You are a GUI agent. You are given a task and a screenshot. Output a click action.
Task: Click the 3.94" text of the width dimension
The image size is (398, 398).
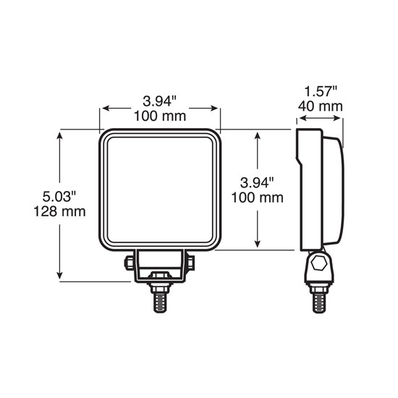point(160,101)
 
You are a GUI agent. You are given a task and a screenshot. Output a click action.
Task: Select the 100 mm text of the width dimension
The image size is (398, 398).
point(160,116)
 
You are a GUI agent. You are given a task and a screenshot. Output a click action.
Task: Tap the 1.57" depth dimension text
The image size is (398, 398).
point(321,91)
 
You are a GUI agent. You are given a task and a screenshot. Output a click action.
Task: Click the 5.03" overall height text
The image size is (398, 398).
point(59,197)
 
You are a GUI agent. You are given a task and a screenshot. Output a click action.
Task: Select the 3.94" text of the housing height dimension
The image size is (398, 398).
point(257,183)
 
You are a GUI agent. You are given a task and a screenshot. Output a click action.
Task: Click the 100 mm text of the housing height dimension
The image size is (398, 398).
point(257,198)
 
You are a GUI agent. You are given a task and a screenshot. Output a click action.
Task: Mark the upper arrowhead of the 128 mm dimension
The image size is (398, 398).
point(60,135)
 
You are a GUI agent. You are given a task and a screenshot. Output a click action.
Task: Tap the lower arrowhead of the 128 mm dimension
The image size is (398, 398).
point(60,276)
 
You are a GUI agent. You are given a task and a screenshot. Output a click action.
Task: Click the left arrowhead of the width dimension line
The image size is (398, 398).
point(105,109)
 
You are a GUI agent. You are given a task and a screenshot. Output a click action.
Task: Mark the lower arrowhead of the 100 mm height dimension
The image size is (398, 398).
point(258,245)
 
